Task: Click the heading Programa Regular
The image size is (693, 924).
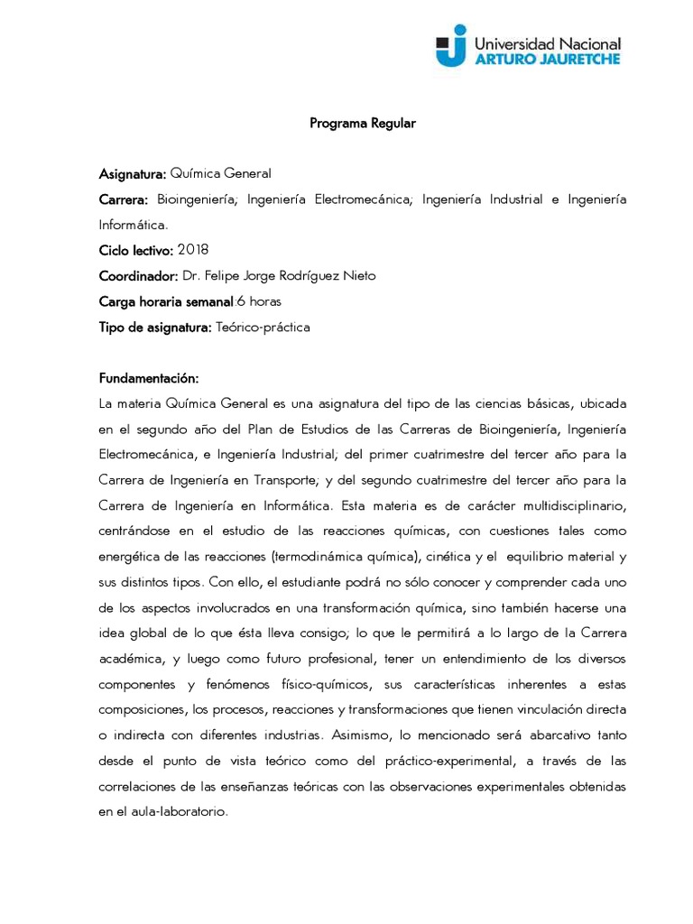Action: (x=363, y=124)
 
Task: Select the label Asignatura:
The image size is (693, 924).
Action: (x=132, y=174)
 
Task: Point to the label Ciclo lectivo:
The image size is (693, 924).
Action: (x=135, y=250)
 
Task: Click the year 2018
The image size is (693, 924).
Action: (x=194, y=249)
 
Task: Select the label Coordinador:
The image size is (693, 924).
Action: (x=138, y=276)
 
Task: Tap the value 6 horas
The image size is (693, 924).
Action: (x=260, y=301)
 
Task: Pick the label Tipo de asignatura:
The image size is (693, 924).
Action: (x=155, y=328)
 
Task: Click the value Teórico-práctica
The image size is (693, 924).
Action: (x=263, y=328)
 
